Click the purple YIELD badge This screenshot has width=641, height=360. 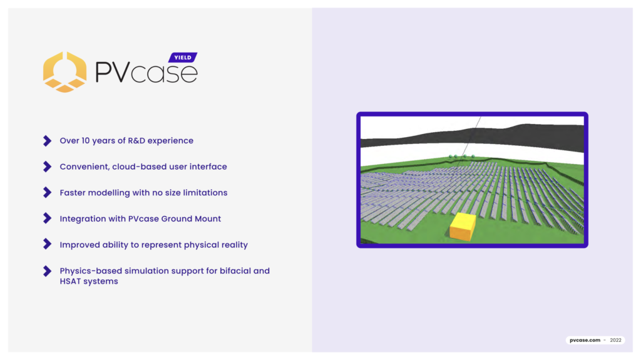(183, 58)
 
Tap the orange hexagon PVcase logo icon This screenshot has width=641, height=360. (64, 72)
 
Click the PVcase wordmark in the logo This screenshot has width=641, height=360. (146, 72)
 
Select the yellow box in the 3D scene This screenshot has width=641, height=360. (463, 226)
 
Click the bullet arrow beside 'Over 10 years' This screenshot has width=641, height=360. (48, 141)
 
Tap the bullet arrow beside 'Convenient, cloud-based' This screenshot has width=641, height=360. (48, 167)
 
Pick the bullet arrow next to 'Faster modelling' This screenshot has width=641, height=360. (48, 192)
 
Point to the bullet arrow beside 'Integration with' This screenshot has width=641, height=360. (48, 218)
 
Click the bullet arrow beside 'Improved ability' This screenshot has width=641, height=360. (48, 244)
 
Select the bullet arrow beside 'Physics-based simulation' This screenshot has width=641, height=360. (48, 271)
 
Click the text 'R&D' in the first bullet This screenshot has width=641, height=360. (136, 141)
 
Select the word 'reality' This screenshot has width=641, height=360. (235, 245)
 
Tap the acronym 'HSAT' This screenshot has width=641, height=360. (71, 282)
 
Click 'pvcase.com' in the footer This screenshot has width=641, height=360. (585, 340)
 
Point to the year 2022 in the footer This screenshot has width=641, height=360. (616, 340)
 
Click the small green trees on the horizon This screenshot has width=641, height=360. (462, 157)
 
